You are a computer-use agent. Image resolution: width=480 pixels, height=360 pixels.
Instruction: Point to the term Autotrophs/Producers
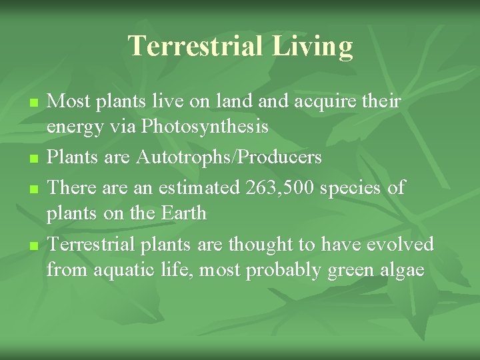pyautogui.click(x=229, y=157)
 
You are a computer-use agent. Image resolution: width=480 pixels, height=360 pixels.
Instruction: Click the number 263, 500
pyautogui.click(x=280, y=188)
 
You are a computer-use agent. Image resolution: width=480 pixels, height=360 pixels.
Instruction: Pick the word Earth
pyautogui.click(x=184, y=213)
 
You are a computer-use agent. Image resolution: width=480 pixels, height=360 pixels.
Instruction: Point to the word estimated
pyautogui.click(x=199, y=188)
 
